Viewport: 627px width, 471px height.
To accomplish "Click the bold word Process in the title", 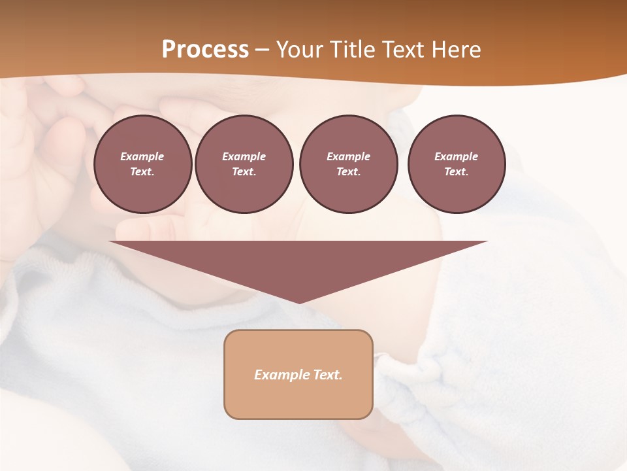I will [x=205, y=50].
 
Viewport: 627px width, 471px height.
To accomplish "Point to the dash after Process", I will [x=262, y=50].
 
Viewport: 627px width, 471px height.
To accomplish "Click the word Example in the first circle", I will [x=142, y=156].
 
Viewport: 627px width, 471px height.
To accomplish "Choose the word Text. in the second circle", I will [x=244, y=172].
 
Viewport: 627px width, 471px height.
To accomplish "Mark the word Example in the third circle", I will [x=348, y=156].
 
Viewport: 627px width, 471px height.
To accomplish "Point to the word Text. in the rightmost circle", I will [x=456, y=172].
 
